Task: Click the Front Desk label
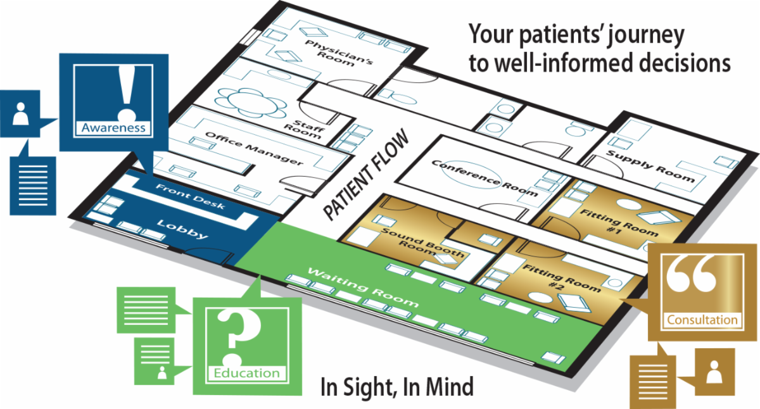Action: (x=190, y=197)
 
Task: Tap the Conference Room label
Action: (x=484, y=177)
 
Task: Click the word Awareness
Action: (x=114, y=128)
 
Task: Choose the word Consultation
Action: (x=702, y=319)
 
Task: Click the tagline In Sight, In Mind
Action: (x=396, y=386)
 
